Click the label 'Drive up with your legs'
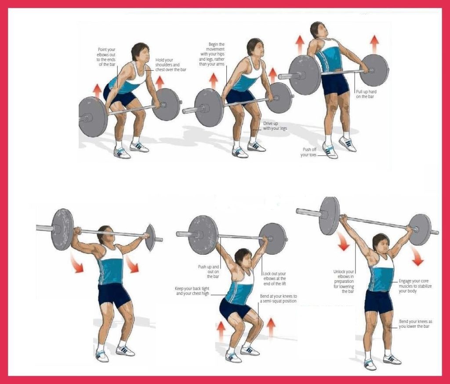click(275, 126)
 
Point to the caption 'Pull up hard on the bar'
click(364, 94)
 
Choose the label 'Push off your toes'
click(309, 152)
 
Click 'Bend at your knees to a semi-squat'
click(278, 299)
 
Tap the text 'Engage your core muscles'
click(415, 286)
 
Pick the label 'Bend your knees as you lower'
click(414, 324)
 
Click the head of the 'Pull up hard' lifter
click(317, 31)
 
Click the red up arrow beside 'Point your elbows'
click(98, 91)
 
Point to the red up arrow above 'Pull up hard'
click(374, 44)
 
